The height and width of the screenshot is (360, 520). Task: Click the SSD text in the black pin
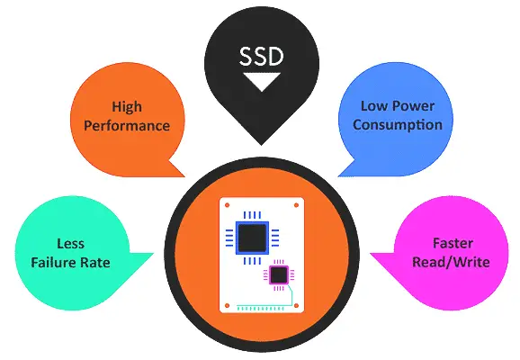pyautogui.click(x=261, y=56)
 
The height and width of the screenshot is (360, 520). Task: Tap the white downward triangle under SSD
pyautogui.click(x=262, y=81)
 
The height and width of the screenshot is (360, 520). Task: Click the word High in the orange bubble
pyautogui.click(x=127, y=107)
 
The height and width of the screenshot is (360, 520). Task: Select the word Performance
pyautogui.click(x=127, y=126)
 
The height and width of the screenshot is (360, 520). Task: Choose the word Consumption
pyautogui.click(x=398, y=125)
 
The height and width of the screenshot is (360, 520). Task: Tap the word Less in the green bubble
pyautogui.click(x=71, y=244)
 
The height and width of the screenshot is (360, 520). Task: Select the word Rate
pyautogui.click(x=94, y=263)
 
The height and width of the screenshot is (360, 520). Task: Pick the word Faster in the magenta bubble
pyautogui.click(x=453, y=243)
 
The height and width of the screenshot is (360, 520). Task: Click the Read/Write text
pyautogui.click(x=451, y=262)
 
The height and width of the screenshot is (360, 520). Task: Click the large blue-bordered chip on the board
pyautogui.click(x=253, y=238)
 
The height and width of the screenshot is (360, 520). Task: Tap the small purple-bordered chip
pyautogui.click(x=279, y=275)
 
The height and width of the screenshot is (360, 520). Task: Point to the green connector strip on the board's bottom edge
pyautogui.click(x=260, y=308)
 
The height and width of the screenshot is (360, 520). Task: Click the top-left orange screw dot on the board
pyautogui.click(x=228, y=205)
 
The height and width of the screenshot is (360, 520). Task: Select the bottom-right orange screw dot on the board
pyautogui.click(x=296, y=306)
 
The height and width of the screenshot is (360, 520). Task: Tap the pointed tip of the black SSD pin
pyautogui.click(x=261, y=145)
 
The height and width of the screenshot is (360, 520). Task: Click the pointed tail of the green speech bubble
pyautogui.click(x=153, y=254)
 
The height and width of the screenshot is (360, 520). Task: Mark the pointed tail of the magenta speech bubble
pyautogui.click(x=371, y=254)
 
